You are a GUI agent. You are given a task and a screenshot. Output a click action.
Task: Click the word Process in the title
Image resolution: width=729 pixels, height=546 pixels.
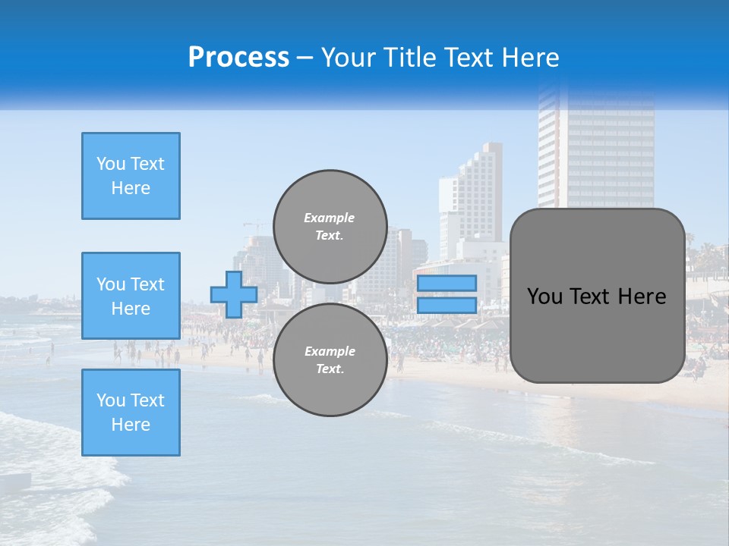[x=238, y=58]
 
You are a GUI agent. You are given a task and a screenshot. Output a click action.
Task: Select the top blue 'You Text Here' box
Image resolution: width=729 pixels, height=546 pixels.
[x=131, y=176]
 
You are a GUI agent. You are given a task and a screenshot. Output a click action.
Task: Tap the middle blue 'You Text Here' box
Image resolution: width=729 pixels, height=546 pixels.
[x=131, y=296]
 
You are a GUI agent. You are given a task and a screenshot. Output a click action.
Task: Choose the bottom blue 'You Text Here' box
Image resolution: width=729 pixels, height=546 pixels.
[x=131, y=413]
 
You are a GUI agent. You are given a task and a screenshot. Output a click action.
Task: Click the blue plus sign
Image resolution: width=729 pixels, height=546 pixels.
[x=233, y=294]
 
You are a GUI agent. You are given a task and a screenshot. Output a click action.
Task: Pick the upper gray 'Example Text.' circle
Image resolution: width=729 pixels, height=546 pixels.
[x=330, y=227]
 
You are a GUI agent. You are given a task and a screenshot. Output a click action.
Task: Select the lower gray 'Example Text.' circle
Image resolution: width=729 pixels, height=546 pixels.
[x=330, y=360]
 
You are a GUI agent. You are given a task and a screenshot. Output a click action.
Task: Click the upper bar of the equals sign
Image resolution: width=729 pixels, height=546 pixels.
[x=447, y=283]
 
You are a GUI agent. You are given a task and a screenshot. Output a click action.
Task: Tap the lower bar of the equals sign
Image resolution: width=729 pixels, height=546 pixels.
[x=447, y=306]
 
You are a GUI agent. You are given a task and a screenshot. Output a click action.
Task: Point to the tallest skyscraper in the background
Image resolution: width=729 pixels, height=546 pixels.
[x=597, y=144]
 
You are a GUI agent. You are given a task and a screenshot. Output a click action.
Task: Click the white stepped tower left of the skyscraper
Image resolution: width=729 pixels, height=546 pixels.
[x=475, y=190]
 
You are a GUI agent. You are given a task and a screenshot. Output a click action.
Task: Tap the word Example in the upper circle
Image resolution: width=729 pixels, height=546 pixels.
[x=330, y=218]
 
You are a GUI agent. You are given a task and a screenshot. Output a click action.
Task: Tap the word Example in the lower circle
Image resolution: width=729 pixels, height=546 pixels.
[x=330, y=351]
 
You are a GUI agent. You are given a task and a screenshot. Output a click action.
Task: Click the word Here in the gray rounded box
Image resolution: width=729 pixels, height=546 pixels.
[x=642, y=297]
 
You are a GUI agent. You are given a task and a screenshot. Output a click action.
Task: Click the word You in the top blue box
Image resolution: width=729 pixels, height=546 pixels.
[x=110, y=164]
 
